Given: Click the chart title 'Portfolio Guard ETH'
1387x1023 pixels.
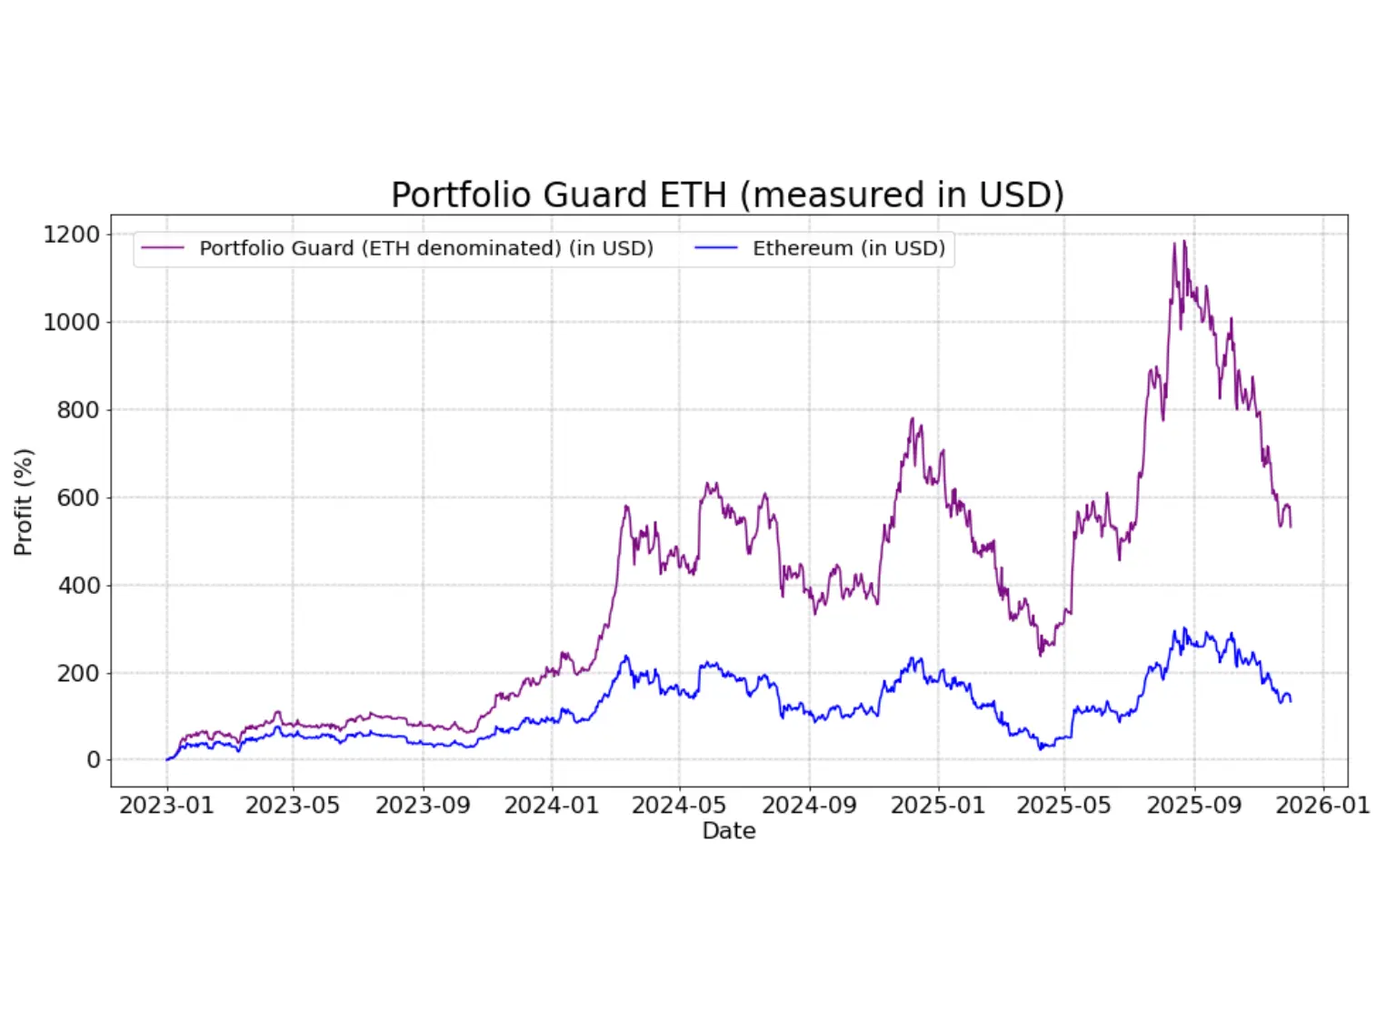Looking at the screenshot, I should point(727,195).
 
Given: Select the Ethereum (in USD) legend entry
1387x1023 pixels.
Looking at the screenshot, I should point(848,248).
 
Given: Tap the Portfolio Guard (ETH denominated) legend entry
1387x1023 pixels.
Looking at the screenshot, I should point(425,248).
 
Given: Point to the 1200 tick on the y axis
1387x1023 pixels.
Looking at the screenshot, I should point(71,235).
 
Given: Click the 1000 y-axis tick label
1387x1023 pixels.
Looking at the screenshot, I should point(71,322).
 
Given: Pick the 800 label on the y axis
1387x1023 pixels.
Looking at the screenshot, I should point(77,410).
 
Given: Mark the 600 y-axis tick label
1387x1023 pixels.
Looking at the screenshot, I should point(77,497).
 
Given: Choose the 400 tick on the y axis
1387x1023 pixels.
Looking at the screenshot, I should point(77,586).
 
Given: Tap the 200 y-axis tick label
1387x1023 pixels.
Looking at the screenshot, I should point(77,673).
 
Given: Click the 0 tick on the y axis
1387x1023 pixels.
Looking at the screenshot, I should point(93,760).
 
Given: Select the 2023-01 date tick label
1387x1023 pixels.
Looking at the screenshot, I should point(166,806).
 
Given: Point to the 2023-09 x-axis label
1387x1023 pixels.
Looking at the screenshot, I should point(423,806).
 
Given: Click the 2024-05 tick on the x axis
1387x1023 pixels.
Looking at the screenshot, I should point(679,806).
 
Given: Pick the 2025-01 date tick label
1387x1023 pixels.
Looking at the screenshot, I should point(937,806).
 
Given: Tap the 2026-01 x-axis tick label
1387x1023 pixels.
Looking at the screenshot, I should point(1322,806).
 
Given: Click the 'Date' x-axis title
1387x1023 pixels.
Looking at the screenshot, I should point(729,831).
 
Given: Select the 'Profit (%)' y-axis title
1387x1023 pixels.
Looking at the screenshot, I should point(24,502).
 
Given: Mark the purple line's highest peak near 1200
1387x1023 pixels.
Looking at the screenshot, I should point(1183,242).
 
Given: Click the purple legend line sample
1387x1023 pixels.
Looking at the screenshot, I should point(163,248).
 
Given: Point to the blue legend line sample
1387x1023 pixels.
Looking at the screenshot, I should point(715,248).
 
